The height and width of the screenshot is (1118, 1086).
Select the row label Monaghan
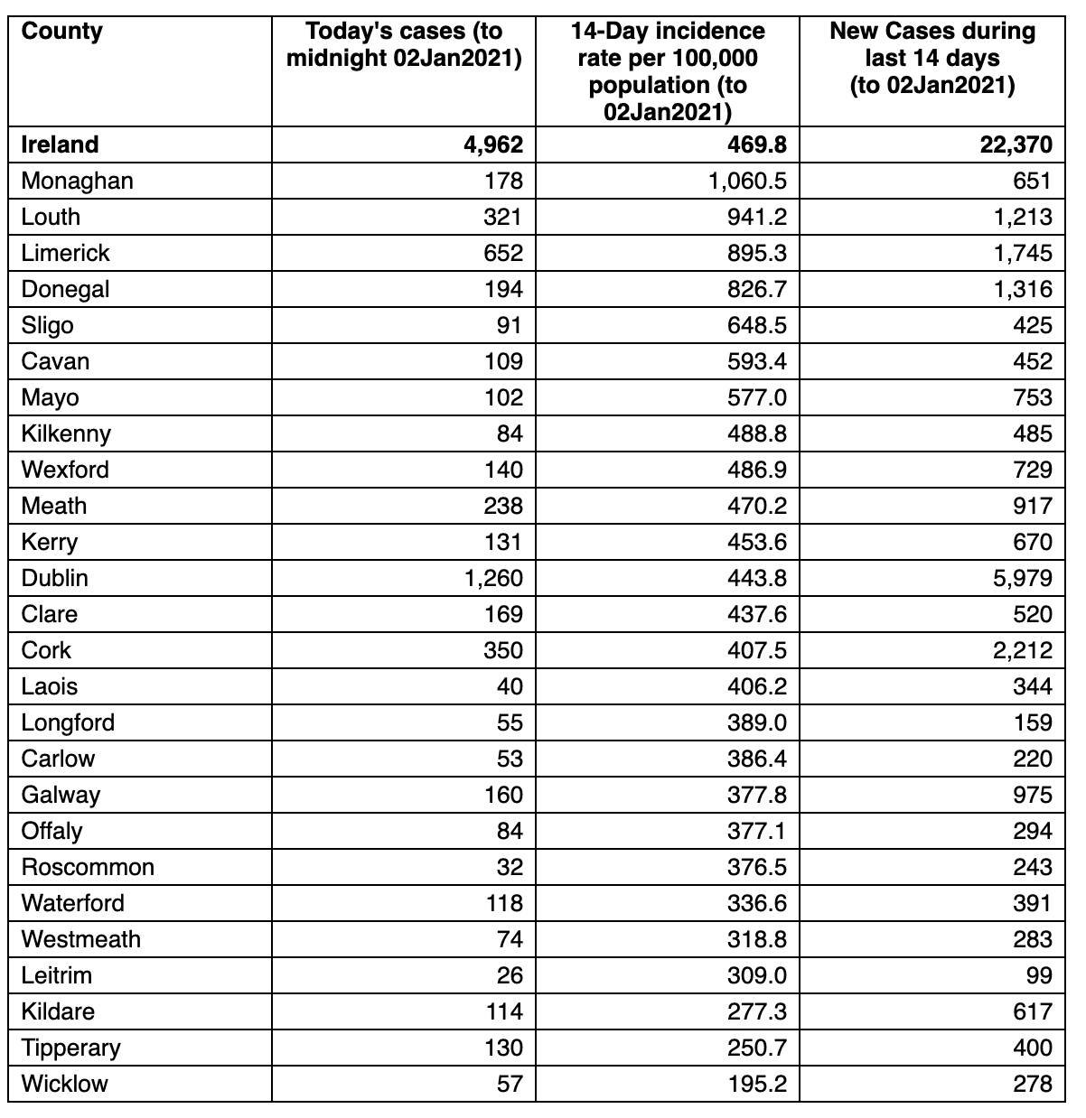point(77,182)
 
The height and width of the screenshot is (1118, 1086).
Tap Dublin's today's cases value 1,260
point(493,579)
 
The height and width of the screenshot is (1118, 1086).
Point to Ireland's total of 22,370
point(1016,144)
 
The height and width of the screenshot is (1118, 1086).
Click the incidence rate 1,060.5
point(747,182)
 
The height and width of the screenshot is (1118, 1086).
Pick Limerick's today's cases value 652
point(503,254)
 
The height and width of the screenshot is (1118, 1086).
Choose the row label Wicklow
point(64,1084)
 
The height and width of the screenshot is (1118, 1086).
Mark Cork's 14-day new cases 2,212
point(1022,650)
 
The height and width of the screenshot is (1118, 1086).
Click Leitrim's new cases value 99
point(1039,975)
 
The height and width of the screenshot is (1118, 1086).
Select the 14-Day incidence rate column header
point(668,71)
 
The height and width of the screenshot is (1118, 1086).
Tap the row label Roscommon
point(88,868)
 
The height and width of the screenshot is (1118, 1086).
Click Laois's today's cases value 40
point(510,686)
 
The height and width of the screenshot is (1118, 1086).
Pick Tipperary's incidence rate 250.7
point(756,1048)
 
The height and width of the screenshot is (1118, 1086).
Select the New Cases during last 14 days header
point(932,58)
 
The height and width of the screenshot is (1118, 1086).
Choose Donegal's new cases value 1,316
point(1023,290)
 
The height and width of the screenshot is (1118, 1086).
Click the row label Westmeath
point(81,939)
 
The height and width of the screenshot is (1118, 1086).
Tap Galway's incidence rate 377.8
point(756,795)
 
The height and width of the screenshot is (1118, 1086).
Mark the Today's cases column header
point(404,45)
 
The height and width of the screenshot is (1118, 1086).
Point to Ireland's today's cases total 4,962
point(493,144)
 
